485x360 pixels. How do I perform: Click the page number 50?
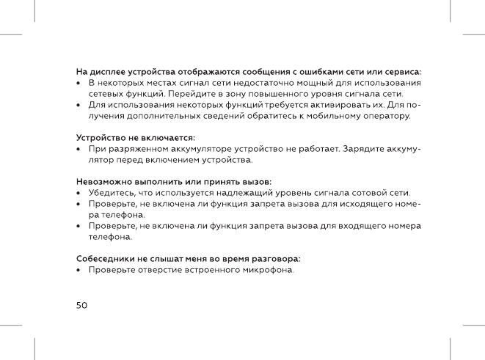click(x=82, y=304)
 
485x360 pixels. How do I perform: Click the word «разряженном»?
click(x=139, y=149)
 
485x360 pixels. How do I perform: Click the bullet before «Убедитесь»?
click(x=79, y=193)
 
